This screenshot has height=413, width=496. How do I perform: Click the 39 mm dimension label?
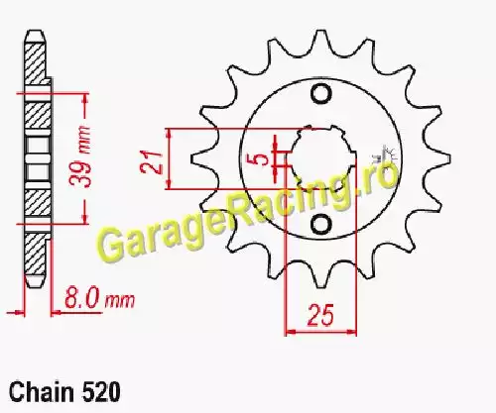(x=81, y=157)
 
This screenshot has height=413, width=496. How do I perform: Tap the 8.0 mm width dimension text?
(x=100, y=298)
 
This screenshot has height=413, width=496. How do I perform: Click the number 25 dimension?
(x=319, y=315)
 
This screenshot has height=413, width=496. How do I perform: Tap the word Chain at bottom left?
(x=42, y=392)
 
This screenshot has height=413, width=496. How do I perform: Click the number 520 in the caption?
(x=100, y=392)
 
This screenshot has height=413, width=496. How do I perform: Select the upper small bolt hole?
(x=320, y=94)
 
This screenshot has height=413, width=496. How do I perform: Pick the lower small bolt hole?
(x=320, y=225)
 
